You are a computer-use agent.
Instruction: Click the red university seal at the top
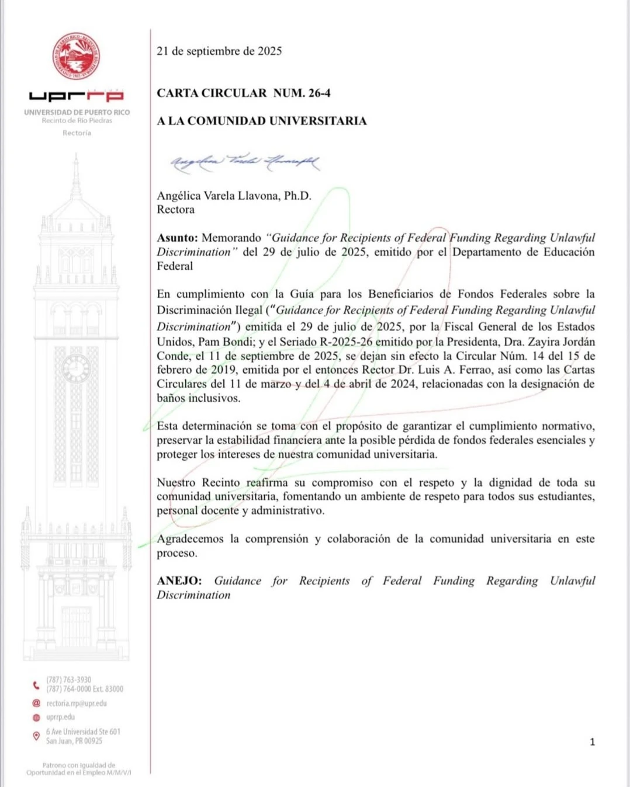[76, 56]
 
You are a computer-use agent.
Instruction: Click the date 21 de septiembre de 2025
[219, 51]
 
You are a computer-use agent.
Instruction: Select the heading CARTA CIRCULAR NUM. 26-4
[244, 93]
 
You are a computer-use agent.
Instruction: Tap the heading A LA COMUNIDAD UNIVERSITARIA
[262, 121]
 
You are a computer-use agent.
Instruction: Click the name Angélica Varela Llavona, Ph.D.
[234, 196]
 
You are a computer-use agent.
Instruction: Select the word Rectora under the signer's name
[175, 210]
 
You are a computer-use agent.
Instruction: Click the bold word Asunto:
[177, 238]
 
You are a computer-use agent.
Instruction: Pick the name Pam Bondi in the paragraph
[224, 342]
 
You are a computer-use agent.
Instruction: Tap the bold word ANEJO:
[179, 581]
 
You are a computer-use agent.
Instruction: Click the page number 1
[592, 742]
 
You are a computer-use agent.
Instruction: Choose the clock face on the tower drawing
[76, 368]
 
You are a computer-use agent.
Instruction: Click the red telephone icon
[36, 685]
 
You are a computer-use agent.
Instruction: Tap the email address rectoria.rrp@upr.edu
[77, 704]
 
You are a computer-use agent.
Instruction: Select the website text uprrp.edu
[61, 717]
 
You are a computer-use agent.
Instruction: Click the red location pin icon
[36, 736]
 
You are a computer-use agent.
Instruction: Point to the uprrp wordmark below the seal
[76, 96]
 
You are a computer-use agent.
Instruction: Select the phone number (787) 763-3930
[69, 680]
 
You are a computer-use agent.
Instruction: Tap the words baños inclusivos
[198, 398]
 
